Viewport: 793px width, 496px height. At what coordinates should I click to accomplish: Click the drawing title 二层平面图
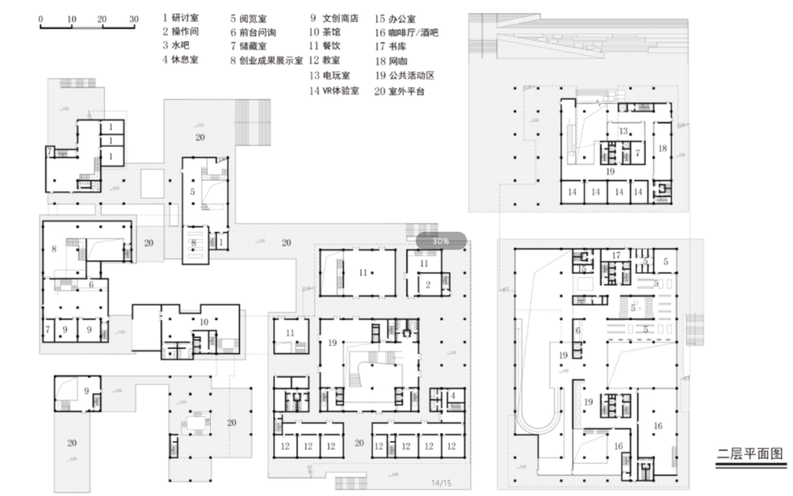click(750, 453)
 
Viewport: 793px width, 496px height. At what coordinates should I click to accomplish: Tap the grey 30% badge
click(441, 241)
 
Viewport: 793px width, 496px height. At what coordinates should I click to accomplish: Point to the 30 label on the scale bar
click(134, 19)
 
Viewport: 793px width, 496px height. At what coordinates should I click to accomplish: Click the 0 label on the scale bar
click(40, 19)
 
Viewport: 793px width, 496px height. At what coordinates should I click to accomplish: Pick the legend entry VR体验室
click(335, 90)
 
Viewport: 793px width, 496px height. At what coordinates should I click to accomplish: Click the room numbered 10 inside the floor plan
click(204, 321)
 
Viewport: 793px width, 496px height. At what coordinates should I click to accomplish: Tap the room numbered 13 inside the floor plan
click(623, 131)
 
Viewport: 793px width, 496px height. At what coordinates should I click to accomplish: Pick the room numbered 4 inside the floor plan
click(453, 396)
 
